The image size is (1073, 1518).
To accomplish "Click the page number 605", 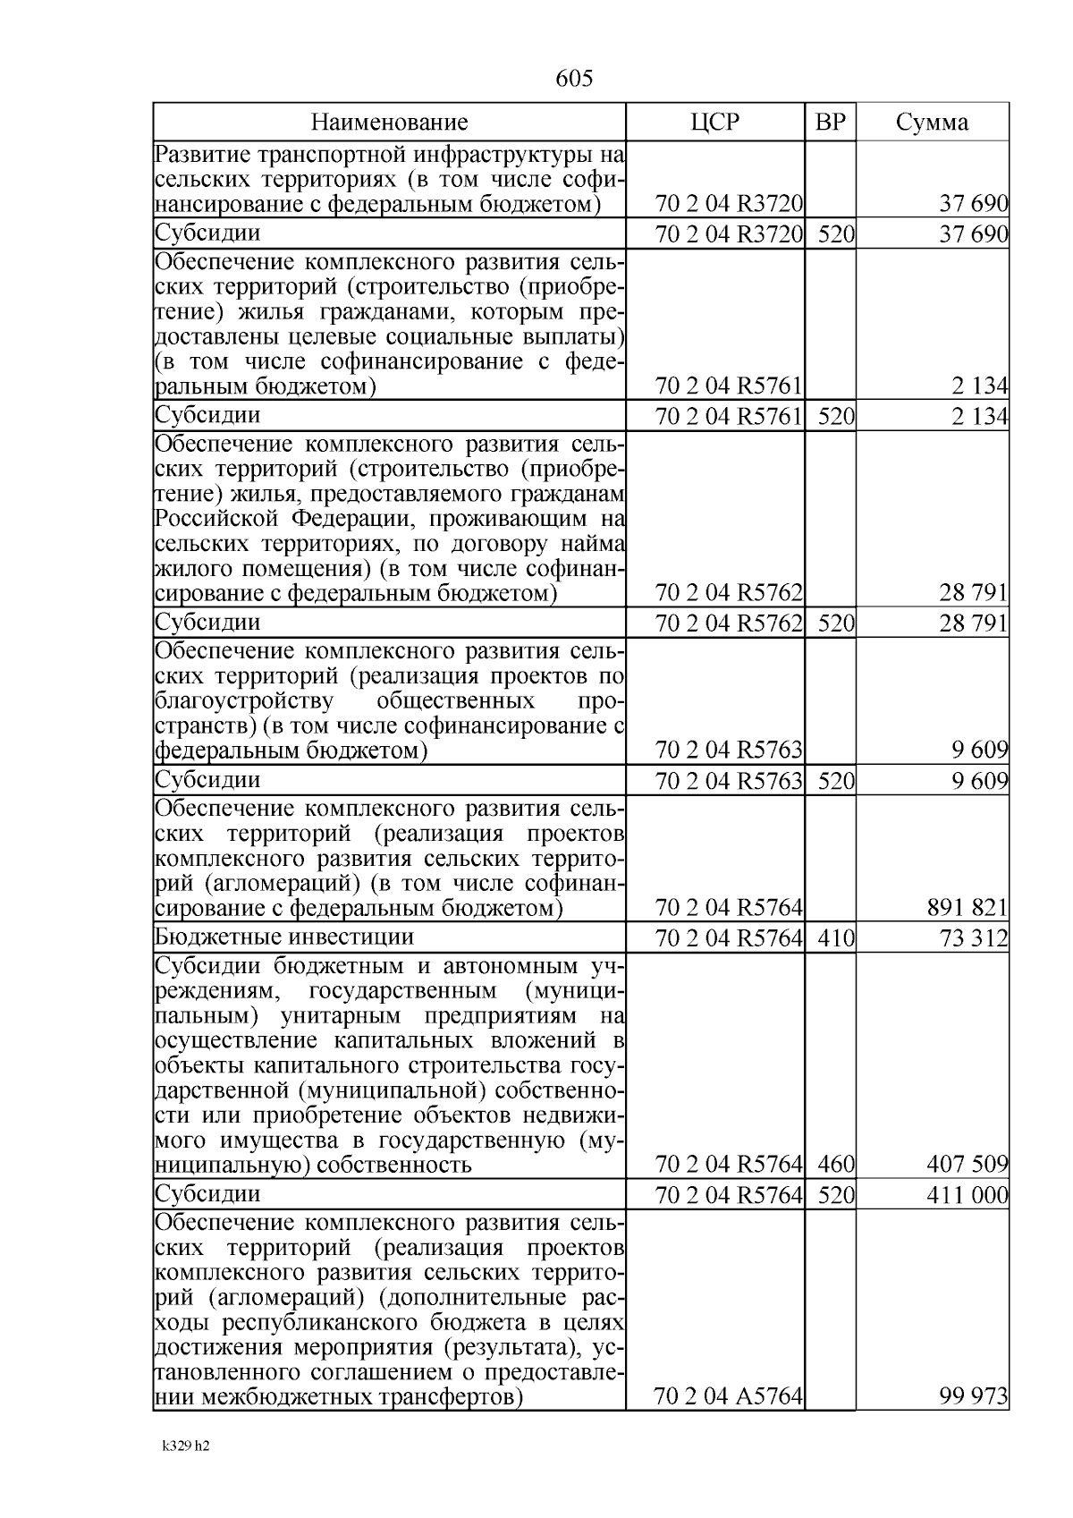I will (574, 79).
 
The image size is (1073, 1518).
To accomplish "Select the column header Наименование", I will (389, 123).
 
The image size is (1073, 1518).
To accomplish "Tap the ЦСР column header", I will (715, 123).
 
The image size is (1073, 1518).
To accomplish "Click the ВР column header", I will (830, 123).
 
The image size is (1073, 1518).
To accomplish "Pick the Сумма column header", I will (932, 123).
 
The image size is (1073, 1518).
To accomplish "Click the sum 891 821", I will (968, 909).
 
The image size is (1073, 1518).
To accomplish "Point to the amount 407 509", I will (968, 1165).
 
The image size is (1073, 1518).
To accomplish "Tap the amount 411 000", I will (968, 1195).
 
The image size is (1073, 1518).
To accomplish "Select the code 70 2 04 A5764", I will (728, 1395).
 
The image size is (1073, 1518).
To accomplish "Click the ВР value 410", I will (837, 938).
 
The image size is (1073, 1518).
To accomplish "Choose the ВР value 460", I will (837, 1165).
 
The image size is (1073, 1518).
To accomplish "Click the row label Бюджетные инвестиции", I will (284, 937).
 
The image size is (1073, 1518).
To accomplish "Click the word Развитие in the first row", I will (196, 154).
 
